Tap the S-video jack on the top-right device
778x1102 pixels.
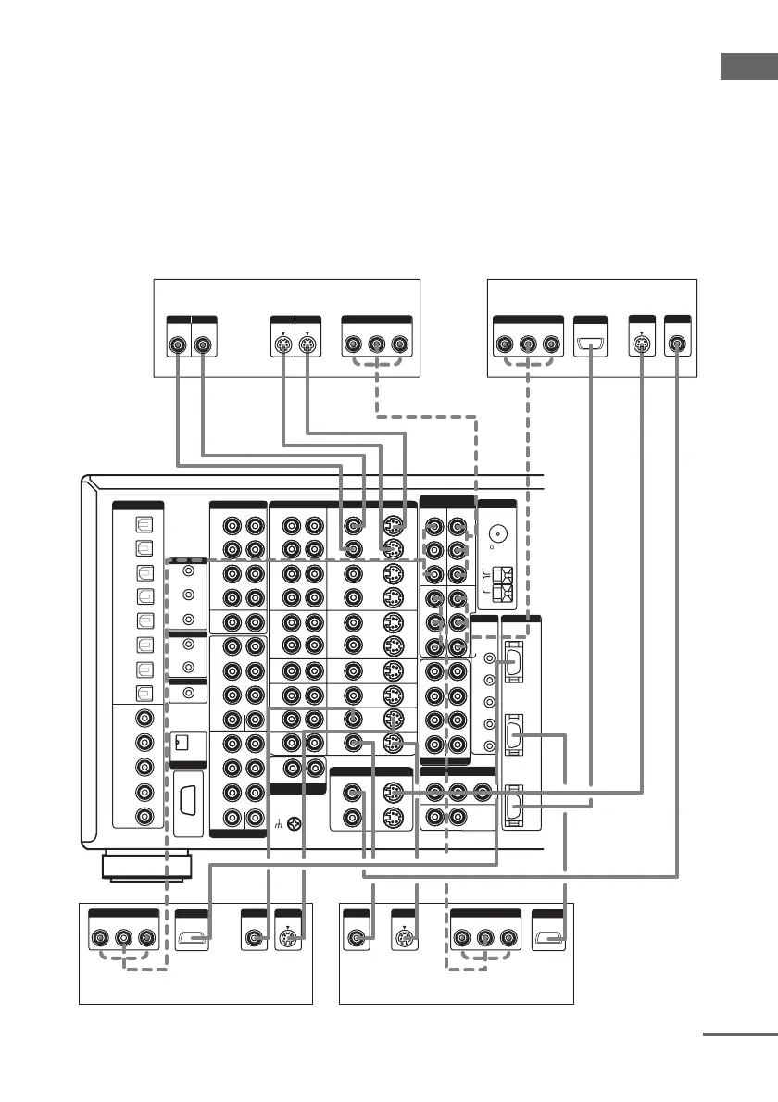tap(640, 344)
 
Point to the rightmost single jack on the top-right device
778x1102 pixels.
tap(678, 344)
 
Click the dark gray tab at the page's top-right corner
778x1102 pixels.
tap(749, 69)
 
